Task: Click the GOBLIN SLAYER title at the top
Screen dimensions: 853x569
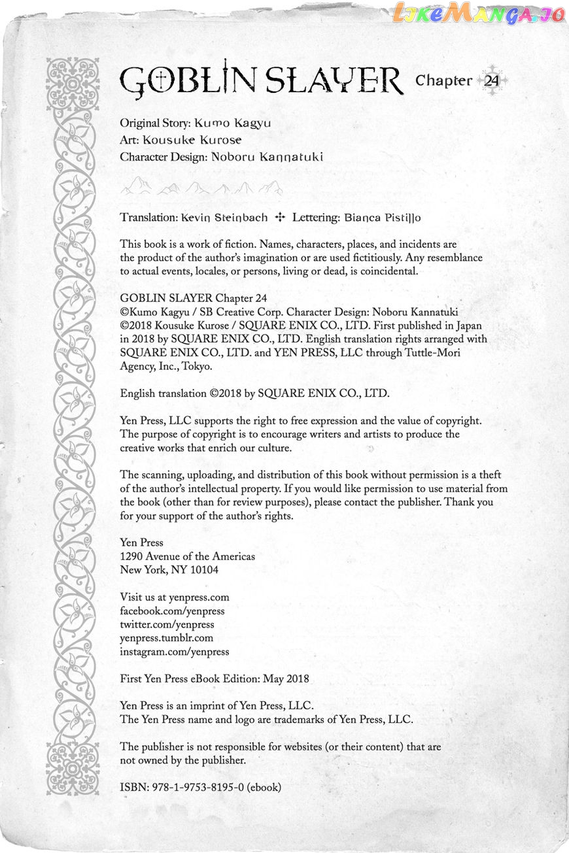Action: coord(262,81)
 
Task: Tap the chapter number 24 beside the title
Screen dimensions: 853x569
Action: coord(491,81)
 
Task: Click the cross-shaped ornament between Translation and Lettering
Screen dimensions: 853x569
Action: coord(281,217)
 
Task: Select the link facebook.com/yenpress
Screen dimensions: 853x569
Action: coord(172,611)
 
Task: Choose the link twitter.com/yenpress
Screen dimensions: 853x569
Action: coord(167,625)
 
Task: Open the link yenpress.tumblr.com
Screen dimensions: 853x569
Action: coord(166,639)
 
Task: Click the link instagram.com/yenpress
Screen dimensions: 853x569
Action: coord(174,652)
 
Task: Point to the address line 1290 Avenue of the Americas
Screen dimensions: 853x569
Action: coord(188,556)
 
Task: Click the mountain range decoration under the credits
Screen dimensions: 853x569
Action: coord(201,188)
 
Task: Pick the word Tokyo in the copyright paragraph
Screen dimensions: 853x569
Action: coord(197,367)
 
